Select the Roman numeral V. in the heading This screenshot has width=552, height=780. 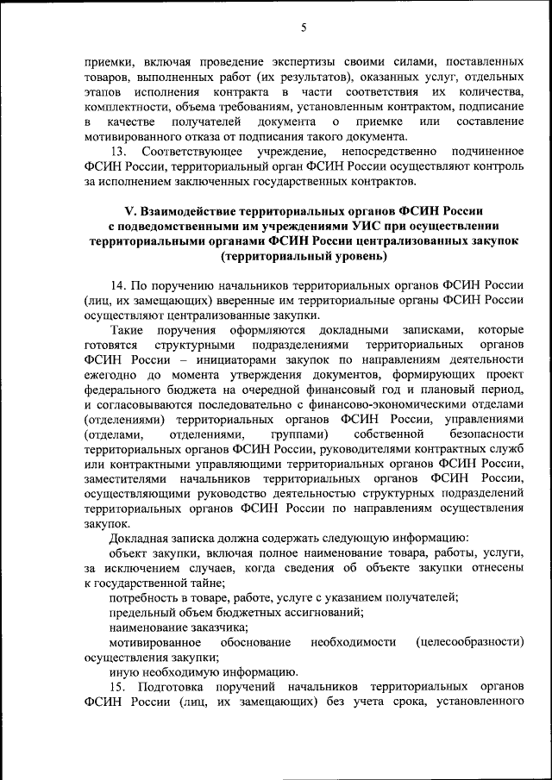point(132,211)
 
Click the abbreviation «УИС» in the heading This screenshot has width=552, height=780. point(353,226)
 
